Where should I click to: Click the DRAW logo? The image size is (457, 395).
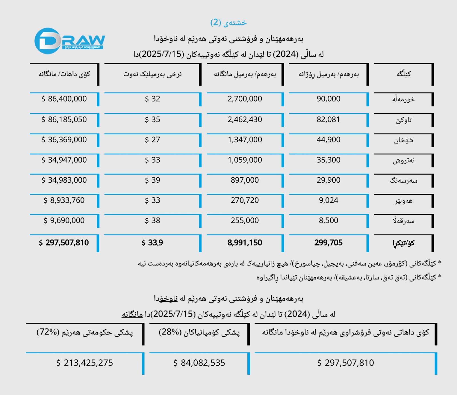pyautogui.click(x=69, y=41)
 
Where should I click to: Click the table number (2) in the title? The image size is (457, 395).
pyautogui.click(x=216, y=22)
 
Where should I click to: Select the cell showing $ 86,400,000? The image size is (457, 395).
pyautogui.click(x=64, y=99)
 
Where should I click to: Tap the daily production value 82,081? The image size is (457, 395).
pyautogui.click(x=328, y=119)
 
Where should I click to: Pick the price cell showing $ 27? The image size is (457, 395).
pyautogui.click(x=152, y=140)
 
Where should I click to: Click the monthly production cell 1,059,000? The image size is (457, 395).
pyautogui.click(x=245, y=160)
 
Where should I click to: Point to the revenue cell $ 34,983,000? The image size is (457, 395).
pyautogui.click(x=64, y=180)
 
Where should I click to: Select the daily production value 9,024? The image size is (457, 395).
pyautogui.click(x=328, y=200)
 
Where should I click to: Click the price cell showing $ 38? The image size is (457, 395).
pyautogui.click(x=152, y=220)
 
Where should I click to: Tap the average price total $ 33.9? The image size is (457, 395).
pyautogui.click(x=152, y=243)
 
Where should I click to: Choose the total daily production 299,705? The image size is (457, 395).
pyautogui.click(x=328, y=243)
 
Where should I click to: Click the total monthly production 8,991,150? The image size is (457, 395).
pyautogui.click(x=245, y=243)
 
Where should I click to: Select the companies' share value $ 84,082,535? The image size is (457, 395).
pyautogui.click(x=199, y=363)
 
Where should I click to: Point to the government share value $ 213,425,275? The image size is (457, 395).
pyautogui.click(x=85, y=363)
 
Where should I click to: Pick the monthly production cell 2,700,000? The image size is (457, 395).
pyautogui.click(x=245, y=99)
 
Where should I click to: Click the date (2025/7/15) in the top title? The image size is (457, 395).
pyautogui.click(x=162, y=54)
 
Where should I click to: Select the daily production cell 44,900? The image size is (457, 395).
pyautogui.click(x=328, y=140)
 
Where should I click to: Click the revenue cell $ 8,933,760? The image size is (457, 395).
pyautogui.click(x=64, y=200)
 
